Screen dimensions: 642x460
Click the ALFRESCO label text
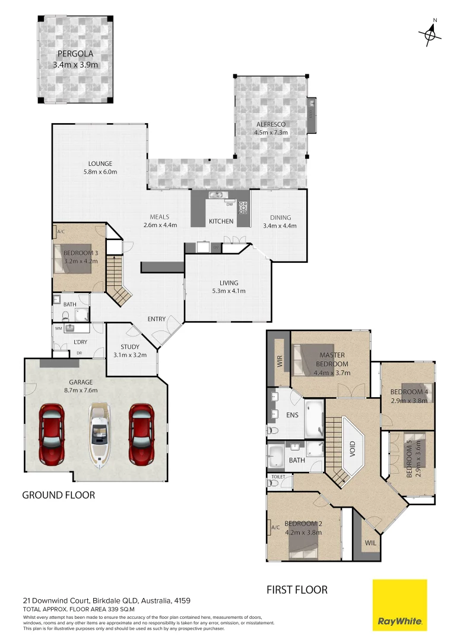[271, 124]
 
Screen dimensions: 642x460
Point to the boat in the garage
[100, 433]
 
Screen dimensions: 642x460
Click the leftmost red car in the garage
[52, 434]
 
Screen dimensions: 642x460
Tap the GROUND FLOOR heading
[58, 495]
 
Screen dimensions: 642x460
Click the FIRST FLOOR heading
[297, 590]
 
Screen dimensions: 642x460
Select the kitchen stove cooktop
[243, 207]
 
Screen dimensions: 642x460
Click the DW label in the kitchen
[229, 204]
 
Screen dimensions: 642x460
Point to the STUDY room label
[130, 347]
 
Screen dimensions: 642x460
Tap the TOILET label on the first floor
[278, 477]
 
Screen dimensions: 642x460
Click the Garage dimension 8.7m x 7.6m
[82, 391]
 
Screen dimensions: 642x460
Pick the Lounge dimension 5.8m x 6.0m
[100, 172]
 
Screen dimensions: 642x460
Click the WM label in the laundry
[58, 328]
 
